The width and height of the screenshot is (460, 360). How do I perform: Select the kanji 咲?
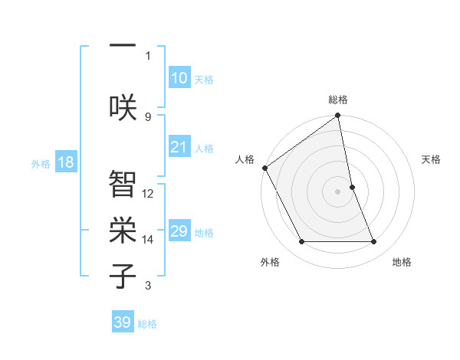(x=123, y=105)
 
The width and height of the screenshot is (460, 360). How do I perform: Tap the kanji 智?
(x=123, y=183)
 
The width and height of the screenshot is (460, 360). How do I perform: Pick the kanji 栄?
(x=123, y=229)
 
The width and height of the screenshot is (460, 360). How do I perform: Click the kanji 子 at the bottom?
(x=123, y=276)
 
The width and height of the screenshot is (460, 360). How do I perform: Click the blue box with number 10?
(x=179, y=78)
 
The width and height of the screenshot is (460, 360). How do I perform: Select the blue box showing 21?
(x=179, y=147)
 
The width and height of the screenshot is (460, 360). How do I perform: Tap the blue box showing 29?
(x=179, y=231)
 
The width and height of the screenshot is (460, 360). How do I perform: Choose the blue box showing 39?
(x=123, y=322)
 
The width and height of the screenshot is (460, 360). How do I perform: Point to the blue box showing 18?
(x=65, y=162)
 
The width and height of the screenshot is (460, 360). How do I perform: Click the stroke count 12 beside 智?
(x=148, y=193)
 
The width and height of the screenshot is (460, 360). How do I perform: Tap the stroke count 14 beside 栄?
(x=148, y=240)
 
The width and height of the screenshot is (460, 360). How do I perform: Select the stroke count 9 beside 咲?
(x=148, y=116)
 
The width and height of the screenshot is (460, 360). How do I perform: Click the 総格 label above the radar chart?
(x=338, y=100)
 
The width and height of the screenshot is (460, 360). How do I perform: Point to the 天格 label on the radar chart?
(x=432, y=159)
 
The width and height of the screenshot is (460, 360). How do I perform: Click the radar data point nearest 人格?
(x=264, y=168)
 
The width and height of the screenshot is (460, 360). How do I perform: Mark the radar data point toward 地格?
(x=374, y=242)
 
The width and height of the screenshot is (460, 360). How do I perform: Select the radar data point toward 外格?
(x=301, y=242)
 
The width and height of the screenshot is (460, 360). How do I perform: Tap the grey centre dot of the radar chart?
(x=338, y=191)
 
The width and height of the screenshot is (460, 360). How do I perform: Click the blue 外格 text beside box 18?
(x=41, y=163)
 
